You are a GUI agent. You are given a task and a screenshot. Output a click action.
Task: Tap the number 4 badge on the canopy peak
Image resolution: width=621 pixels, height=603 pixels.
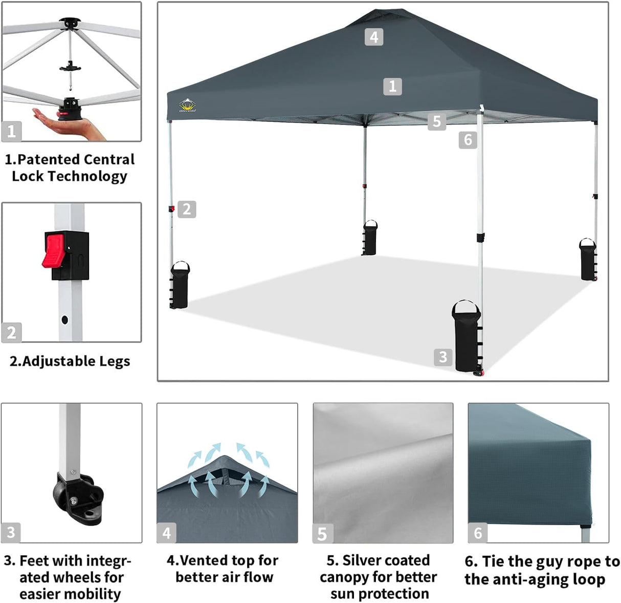[x=374, y=37]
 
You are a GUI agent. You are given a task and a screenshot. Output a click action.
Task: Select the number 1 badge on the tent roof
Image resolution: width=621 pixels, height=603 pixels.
[x=392, y=86]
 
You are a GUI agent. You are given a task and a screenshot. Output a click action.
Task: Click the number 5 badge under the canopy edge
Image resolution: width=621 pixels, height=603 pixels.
[x=436, y=121]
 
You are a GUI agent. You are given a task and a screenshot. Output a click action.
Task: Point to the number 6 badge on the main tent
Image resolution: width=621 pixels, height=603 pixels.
[x=468, y=139]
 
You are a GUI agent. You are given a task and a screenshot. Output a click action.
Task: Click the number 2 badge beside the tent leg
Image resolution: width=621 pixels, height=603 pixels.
[x=187, y=209]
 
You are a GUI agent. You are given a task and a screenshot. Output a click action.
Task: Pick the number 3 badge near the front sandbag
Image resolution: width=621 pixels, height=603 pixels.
[x=443, y=357]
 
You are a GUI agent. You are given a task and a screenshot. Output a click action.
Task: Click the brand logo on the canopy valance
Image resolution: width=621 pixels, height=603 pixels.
[x=188, y=106]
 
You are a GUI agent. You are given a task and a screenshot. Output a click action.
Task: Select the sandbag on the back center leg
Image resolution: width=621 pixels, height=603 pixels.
[x=370, y=238]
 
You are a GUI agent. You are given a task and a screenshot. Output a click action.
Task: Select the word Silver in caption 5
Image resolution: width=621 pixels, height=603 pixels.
[x=364, y=560]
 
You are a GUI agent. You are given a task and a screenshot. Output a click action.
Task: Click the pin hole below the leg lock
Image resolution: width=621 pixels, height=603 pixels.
[x=64, y=320]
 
